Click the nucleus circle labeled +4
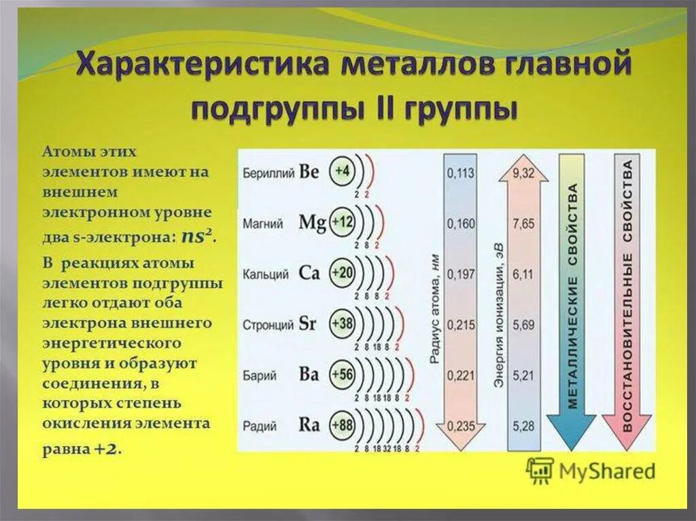tap(342, 172)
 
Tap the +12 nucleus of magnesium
tap(342, 221)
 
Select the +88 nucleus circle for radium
tap(342, 426)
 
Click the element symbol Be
tap(309, 172)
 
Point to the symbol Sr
tap(308, 324)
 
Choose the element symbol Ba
tap(309, 375)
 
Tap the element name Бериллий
tap(268, 173)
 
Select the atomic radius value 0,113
tap(460, 173)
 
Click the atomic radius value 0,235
tap(460, 427)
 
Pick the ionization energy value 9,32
tap(524, 173)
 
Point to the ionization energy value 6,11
tap(524, 274)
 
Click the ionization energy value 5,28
tap(524, 427)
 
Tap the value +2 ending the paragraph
tap(107, 449)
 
